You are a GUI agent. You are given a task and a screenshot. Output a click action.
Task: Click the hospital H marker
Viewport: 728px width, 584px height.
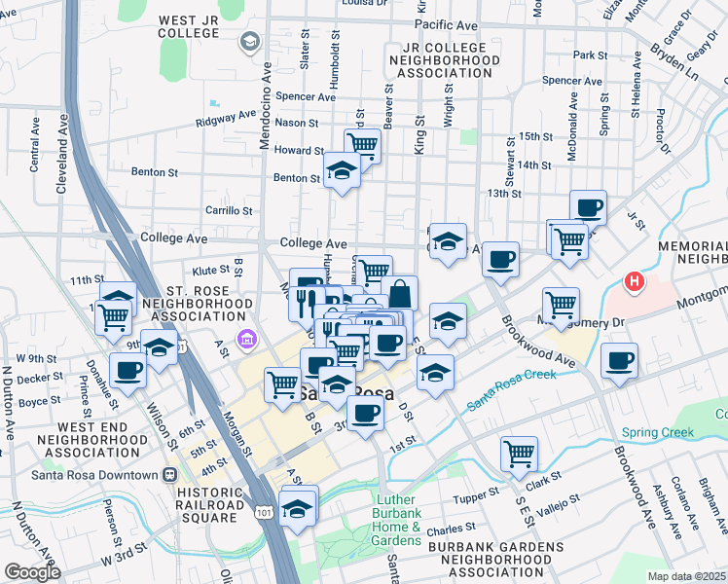[x=635, y=283]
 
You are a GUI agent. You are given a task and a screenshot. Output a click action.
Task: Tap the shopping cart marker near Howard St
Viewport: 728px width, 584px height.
[x=362, y=145]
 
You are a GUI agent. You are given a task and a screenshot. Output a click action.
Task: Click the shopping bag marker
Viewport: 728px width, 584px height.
[x=399, y=292]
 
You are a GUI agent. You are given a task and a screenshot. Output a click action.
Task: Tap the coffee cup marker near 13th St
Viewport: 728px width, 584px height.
[x=588, y=206]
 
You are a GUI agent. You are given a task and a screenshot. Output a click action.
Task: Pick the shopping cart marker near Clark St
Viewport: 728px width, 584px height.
[x=519, y=452]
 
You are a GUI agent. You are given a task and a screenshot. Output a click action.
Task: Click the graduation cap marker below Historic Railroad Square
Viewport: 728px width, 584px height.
[x=298, y=507]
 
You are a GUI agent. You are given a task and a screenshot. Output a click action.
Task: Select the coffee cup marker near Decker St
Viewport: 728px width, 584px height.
[x=128, y=369]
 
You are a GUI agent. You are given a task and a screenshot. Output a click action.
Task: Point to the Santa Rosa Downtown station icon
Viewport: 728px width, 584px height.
[x=169, y=475]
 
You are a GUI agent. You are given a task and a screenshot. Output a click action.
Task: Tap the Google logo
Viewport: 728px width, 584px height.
[x=32, y=572]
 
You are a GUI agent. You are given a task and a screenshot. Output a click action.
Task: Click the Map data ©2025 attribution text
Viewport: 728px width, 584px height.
[x=685, y=576]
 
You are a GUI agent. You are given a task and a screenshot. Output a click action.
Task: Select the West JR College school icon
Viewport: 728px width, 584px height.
[x=249, y=41]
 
